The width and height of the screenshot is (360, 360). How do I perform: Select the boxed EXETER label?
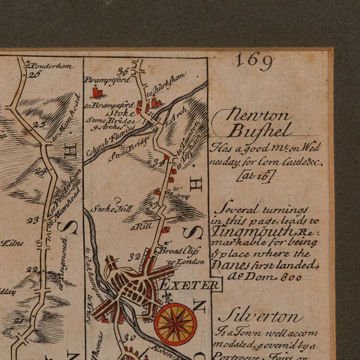(x=190, y=286)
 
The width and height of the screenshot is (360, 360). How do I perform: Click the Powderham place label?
(x=52, y=65)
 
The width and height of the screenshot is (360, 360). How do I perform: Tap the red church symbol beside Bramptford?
(x=97, y=92)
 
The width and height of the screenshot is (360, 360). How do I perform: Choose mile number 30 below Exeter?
(x=130, y=337)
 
